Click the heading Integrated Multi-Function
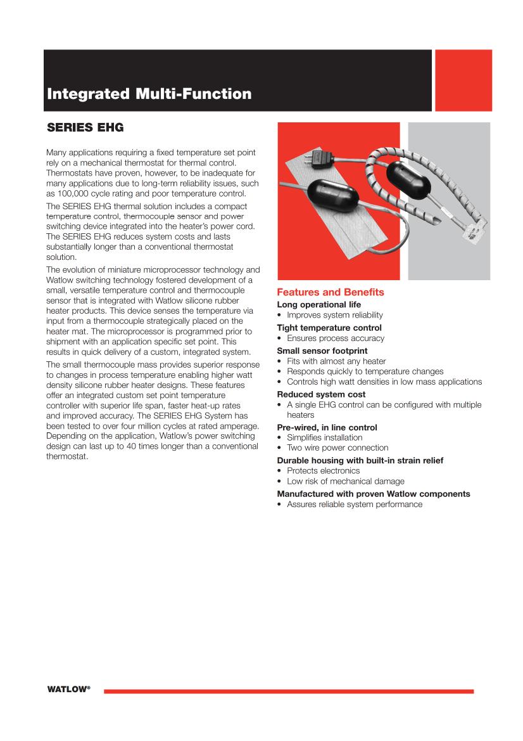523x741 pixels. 149,94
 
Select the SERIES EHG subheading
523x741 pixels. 85,128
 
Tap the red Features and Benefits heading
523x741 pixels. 331,292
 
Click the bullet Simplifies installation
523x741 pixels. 324,437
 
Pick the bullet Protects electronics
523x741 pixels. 323,471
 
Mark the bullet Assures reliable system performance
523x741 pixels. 354,504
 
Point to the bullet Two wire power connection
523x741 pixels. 337,448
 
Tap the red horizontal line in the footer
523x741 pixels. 288,691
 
